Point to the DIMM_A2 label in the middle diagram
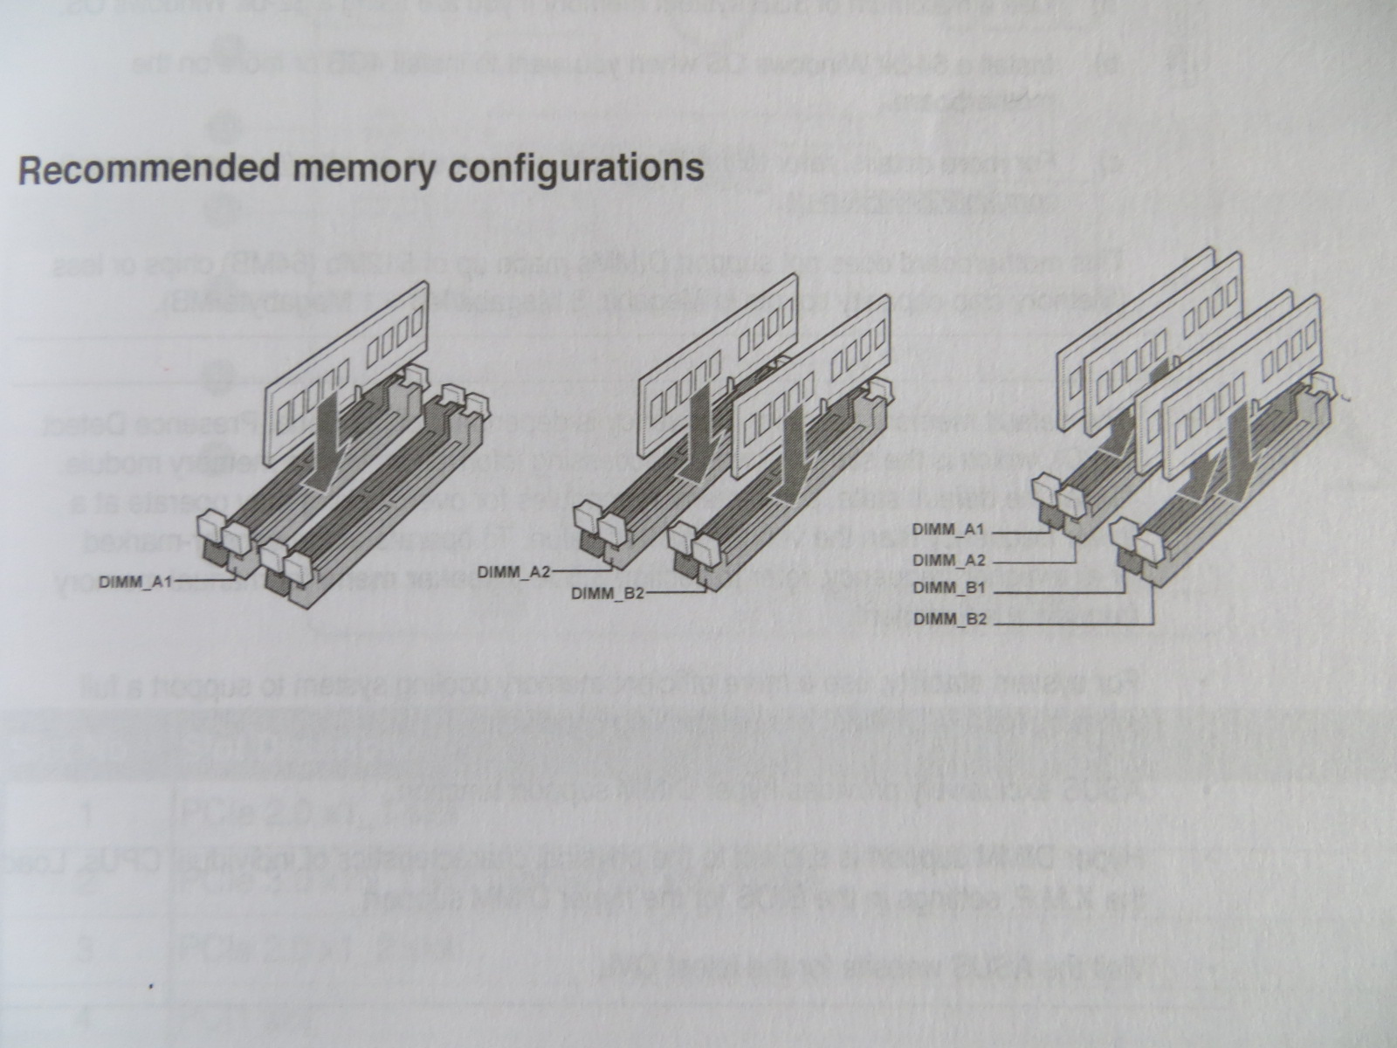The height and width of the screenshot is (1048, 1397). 514,573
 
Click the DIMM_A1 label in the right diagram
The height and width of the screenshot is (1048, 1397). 949,529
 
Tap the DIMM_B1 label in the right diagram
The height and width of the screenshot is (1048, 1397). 949,589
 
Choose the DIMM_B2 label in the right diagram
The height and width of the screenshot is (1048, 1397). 949,619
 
